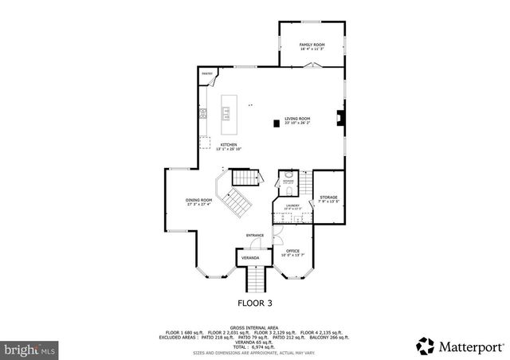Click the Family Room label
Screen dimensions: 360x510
point(312,45)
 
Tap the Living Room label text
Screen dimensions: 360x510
point(297,119)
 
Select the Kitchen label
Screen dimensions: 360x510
point(229,145)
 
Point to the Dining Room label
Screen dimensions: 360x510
point(199,201)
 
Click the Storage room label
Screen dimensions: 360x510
point(328,198)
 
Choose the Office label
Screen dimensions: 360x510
point(292,251)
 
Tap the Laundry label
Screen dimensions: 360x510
point(292,205)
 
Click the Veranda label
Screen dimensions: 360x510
point(251,258)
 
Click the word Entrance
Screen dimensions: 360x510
point(255,235)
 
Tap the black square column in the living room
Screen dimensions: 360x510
point(277,123)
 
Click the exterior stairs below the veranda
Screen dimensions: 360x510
point(255,280)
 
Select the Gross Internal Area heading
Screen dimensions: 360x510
point(253,327)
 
